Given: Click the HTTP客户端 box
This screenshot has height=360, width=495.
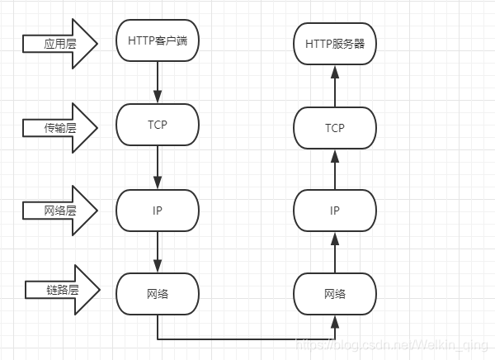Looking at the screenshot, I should [x=158, y=40].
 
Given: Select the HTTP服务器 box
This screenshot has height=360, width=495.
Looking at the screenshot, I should [x=335, y=45].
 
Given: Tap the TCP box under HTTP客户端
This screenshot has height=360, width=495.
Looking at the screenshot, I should [x=158, y=124].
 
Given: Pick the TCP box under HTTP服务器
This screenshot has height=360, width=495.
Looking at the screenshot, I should [x=335, y=128].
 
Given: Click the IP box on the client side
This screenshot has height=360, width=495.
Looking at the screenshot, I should [x=158, y=210].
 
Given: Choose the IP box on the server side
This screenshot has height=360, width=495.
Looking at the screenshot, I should [x=335, y=210].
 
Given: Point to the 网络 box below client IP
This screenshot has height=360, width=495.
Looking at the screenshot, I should [x=158, y=293].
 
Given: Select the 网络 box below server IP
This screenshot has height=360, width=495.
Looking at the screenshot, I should [x=335, y=294].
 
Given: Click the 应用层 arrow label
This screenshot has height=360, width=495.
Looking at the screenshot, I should [x=60, y=42].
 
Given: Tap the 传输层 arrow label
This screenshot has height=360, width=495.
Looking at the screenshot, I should [x=60, y=127].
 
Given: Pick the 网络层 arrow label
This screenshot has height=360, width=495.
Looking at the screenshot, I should [x=60, y=210].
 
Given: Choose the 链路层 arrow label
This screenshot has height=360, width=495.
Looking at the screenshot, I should [x=62, y=290].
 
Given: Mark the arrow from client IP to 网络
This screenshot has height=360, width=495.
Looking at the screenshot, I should [x=158, y=251].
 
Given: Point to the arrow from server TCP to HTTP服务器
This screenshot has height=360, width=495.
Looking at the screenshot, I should [x=335, y=86].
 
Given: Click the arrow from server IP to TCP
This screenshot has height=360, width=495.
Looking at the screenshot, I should [x=335, y=169].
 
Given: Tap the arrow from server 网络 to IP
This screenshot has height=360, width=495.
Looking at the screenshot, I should [x=335, y=252].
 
